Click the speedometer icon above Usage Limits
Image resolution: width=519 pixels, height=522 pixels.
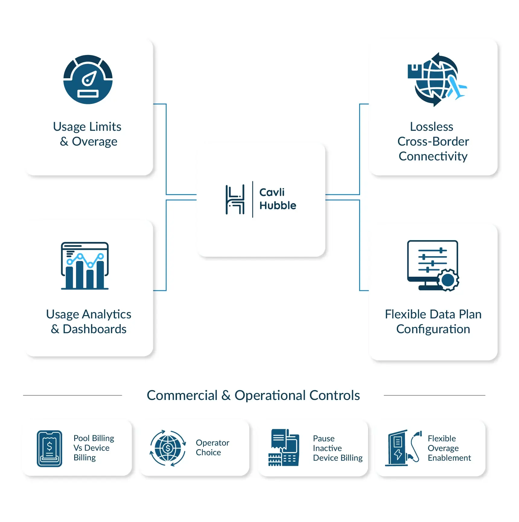(88, 79)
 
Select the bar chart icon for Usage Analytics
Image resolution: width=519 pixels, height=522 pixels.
(85, 266)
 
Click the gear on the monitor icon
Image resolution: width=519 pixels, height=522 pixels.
(448, 280)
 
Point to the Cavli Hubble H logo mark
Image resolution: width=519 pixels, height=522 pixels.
(235, 199)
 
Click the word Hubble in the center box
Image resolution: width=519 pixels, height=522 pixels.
(278, 205)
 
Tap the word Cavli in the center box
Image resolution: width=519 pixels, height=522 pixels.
(272, 192)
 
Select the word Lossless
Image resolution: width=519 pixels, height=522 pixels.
(431, 127)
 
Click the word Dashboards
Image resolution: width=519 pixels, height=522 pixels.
(94, 329)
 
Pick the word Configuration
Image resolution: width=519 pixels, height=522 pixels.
(433, 329)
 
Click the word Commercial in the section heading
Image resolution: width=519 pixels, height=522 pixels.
(182, 395)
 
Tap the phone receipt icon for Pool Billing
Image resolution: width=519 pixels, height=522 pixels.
(49, 448)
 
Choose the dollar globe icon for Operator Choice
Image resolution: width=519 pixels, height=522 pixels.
(168, 448)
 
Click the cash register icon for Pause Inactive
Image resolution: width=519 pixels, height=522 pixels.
(284, 448)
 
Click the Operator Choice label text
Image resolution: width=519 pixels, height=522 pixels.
(212, 447)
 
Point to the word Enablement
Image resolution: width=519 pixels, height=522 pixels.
(449, 458)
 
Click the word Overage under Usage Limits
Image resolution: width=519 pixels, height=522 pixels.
(94, 141)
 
